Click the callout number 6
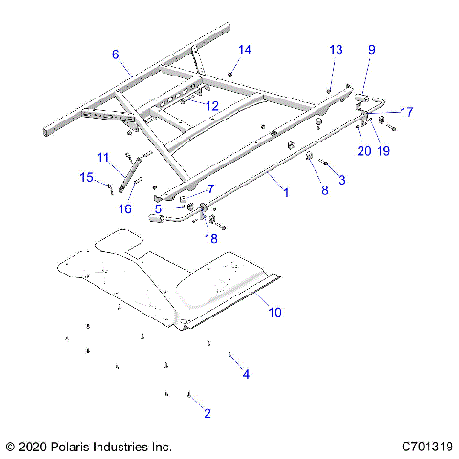(x=117, y=55)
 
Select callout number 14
(x=245, y=49)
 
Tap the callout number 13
(x=335, y=49)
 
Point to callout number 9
(x=371, y=49)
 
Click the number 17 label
(x=406, y=112)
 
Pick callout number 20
(x=363, y=150)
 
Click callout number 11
(x=103, y=156)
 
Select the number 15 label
(x=86, y=178)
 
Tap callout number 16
(x=125, y=208)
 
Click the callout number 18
(x=211, y=237)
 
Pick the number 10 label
(x=275, y=312)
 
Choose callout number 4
(x=246, y=374)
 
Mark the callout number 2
(x=208, y=413)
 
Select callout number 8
(x=324, y=190)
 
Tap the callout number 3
(x=343, y=179)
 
